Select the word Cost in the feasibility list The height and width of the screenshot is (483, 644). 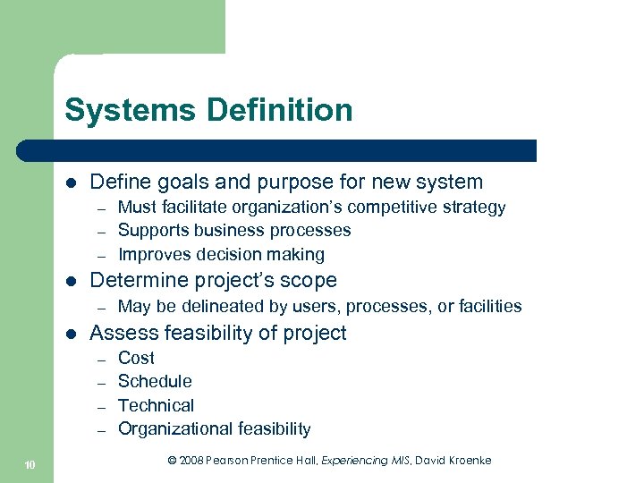[x=136, y=358]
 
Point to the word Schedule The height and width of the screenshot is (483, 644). [x=155, y=381]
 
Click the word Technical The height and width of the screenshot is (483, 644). [x=156, y=405]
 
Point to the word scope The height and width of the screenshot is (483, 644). [x=309, y=281]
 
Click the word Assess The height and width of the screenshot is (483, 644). [x=120, y=334]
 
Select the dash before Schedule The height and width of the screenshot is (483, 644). [x=103, y=382]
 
